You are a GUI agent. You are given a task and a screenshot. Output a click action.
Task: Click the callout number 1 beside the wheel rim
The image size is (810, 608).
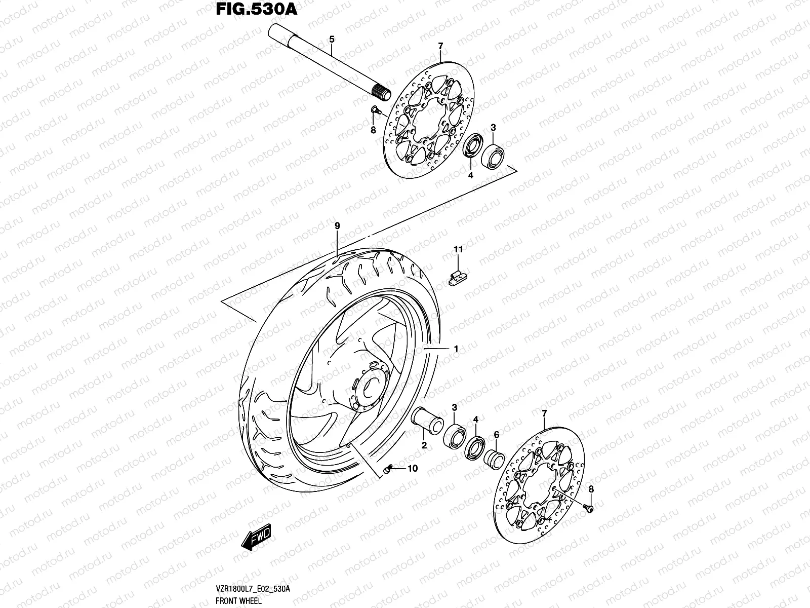click(456, 349)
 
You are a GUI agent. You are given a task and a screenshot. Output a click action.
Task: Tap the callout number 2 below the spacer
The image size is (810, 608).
click(424, 446)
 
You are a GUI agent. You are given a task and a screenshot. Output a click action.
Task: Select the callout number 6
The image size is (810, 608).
click(496, 434)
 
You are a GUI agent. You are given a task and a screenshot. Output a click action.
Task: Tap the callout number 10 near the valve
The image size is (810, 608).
click(413, 469)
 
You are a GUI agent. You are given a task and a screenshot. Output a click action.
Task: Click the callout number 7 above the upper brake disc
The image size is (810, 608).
click(440, 47)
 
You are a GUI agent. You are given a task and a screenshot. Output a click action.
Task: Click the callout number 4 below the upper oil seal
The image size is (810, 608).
click(470, 175)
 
